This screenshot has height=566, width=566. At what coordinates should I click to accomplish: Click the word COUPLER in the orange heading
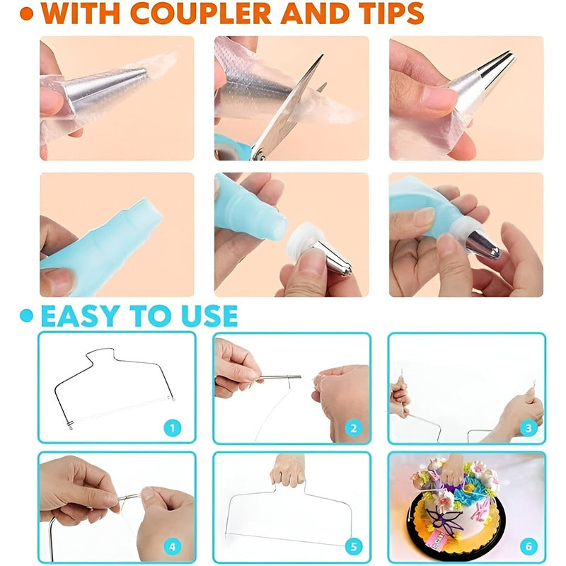click(x=200, y=13)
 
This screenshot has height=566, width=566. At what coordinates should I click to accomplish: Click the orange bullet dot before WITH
click(x=27, y=13)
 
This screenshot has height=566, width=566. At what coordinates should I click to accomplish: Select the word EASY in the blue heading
click(x=81, y=316)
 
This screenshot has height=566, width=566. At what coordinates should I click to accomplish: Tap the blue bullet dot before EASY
click(x=27, y=316)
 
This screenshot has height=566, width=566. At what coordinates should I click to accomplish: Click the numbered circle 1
click(x=173, y=428)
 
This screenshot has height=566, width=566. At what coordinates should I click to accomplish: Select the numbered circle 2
click(x=353, y=428)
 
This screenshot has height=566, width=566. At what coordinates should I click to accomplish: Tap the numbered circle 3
click(x=529, y=428)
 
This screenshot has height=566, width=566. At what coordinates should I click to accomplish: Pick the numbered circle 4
click(x=173, y=546)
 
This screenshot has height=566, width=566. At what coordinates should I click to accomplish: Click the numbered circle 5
click(x=353, y=546)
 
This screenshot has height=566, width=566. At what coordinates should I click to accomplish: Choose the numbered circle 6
click(x=529, y=546)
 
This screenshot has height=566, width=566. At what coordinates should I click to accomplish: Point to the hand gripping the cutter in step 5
click(x=288, y=469)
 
